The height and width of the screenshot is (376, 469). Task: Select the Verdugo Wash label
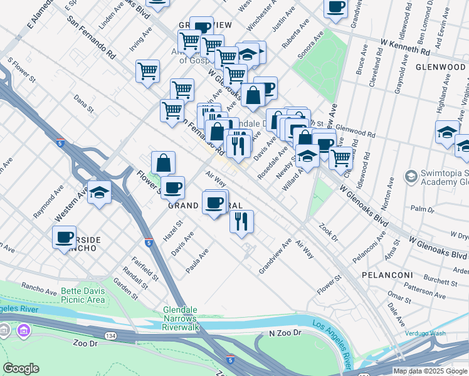click(x=425, y=333)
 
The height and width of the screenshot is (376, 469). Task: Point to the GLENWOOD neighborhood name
click(x=440, y=67)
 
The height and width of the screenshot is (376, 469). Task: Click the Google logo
click(x=21, y=368)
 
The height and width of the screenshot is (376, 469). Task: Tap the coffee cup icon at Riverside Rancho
click(x=64, y=237)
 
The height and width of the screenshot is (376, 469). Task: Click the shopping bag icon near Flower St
click(x=163, y=163)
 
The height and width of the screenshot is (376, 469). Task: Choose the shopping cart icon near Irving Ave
click(x=147, y=70)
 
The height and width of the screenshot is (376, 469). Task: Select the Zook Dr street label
click(x=328, y=234)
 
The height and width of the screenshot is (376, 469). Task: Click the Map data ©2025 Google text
click(x=430, y=371)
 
